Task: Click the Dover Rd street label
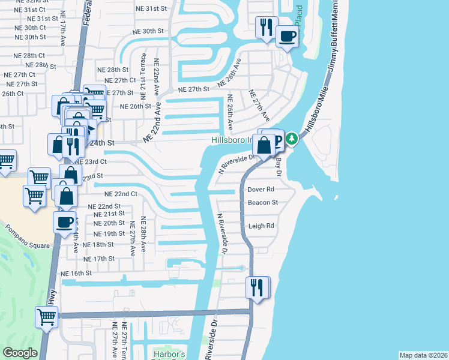(x=261, y=189)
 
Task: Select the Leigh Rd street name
(x=261, y=226)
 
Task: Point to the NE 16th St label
(x=76, y=272)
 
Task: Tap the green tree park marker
(x=292, y=139)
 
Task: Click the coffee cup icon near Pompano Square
(x=65, y=221)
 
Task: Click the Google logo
(x=20, y=353)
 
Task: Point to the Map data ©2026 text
(x=423, y=355)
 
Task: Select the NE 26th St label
(x=135, y=106)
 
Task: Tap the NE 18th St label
(x=98, y=245)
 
